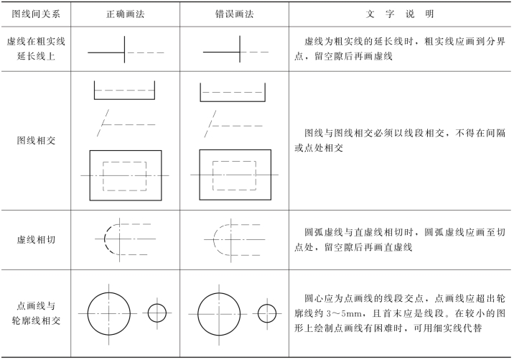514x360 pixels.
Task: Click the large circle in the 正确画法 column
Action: [x=109, y=313]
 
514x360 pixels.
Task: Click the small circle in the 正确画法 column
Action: [x=157, y=313]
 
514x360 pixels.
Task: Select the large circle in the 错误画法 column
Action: [x=218, y=313]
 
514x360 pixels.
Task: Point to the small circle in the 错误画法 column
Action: [x=266, y=313]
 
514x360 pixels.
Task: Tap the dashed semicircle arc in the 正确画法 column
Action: [x=106, y=239]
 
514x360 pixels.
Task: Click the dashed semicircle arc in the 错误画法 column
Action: [x=216, y=239]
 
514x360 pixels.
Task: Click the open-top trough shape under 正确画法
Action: [x=125, y=91]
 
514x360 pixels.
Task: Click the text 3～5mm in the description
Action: [x=344, y=313]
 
